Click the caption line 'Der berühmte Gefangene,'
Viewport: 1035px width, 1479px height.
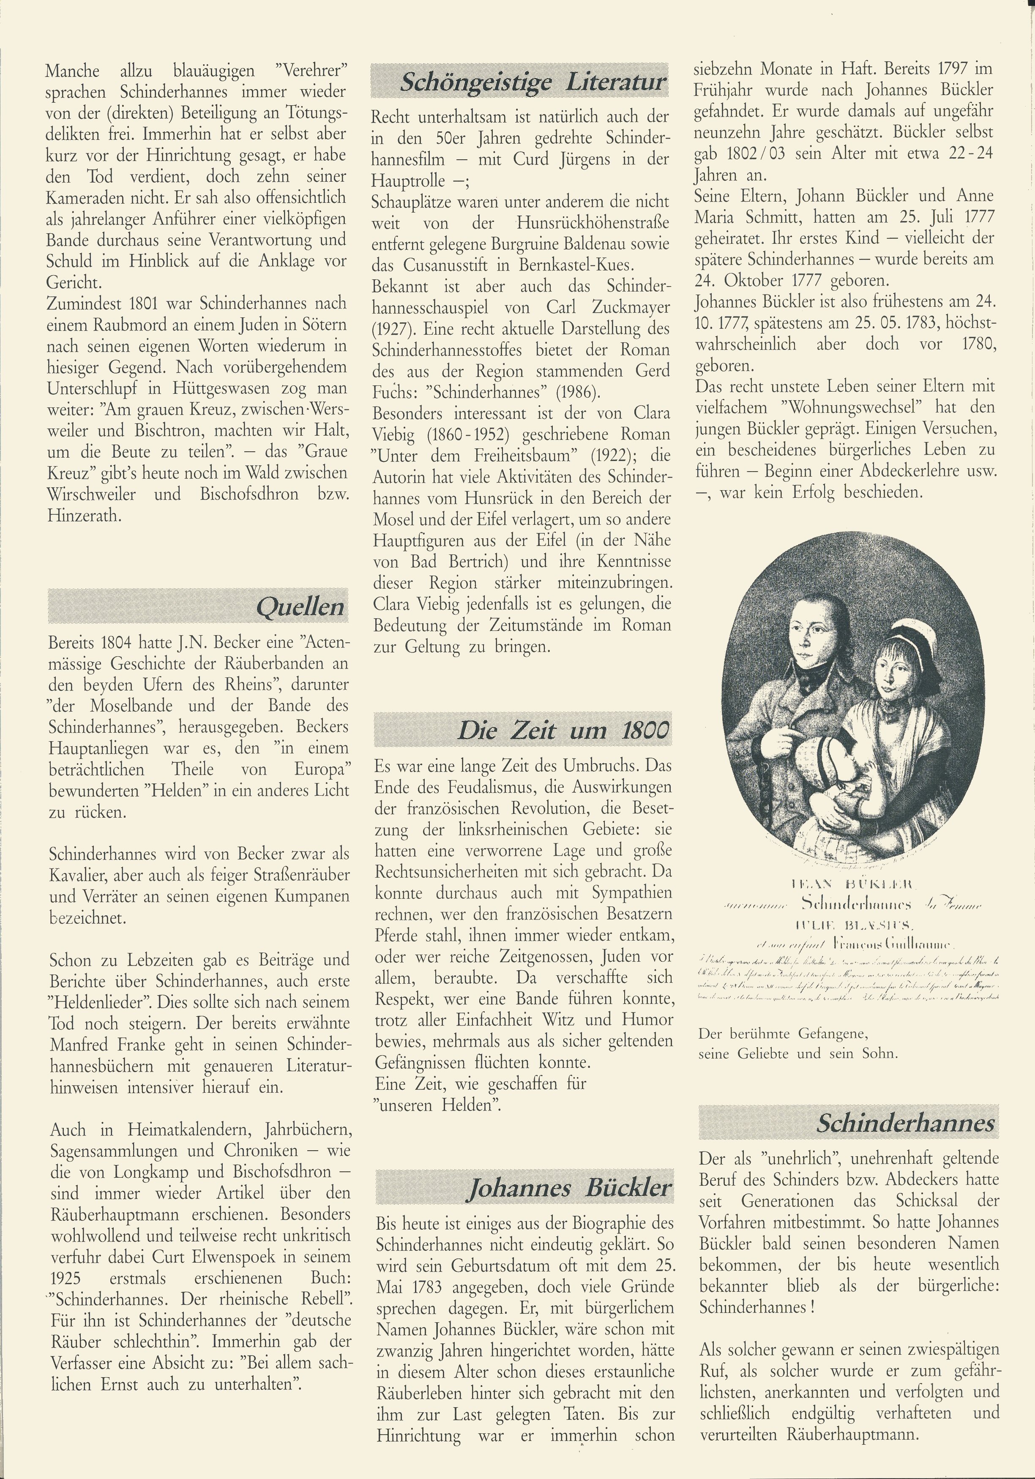tap(783, 1034)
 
